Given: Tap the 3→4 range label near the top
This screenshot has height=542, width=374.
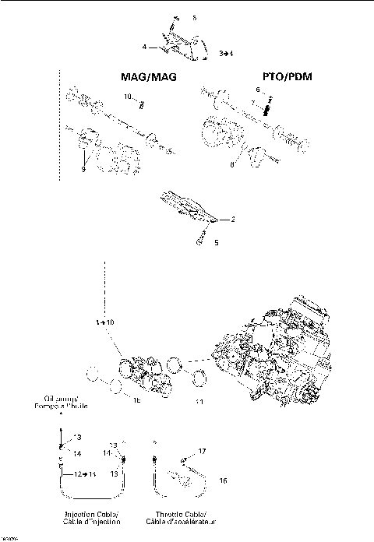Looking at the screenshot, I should tap(226, 53).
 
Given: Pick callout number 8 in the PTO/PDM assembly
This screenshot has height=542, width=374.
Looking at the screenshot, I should tap(231, 164).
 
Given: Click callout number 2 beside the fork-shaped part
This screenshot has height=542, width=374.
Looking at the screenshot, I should tap(233, 220).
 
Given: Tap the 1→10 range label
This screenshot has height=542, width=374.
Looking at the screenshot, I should tap(104, 322).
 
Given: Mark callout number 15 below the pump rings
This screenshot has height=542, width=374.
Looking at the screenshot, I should tap(135, 403).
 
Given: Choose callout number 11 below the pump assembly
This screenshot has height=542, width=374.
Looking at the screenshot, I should tap(199, 402).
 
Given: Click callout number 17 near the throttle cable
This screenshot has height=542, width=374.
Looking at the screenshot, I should tap(201, 451).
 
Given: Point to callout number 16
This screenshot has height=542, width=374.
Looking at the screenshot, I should tap(223, 481).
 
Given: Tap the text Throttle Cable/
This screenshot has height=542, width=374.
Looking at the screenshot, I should tap(181, 515).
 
